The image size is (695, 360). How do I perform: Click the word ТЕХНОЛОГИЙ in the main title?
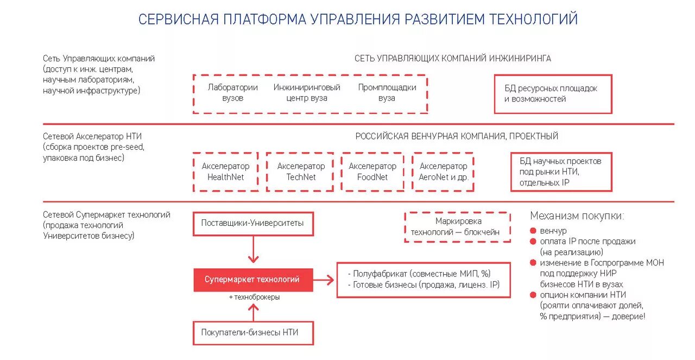[534, 20]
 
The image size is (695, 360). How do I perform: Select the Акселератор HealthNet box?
[225, 172]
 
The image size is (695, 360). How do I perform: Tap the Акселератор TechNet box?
[300, 172]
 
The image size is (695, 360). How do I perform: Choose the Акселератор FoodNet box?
[372, 172]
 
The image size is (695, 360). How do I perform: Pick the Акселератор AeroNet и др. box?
[443, 172]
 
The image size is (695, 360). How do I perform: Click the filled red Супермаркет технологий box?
[253, 280]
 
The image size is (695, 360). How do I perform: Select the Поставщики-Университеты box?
[253, 223]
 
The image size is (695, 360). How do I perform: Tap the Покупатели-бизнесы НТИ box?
[253, 332]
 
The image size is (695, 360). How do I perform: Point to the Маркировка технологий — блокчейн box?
[458, 227]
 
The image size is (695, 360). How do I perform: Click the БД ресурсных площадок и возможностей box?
[553, 94]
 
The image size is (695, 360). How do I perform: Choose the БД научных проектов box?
[561, 172]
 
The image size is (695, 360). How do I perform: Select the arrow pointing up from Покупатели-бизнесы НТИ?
[253, 312]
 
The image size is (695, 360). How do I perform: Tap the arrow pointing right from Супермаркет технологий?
[324, 280]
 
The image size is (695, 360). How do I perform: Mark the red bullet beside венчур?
[534, 231]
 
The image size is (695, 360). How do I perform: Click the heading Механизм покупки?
[577, 216]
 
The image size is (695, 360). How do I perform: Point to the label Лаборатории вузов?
[232, 93]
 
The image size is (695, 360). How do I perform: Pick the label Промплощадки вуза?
[387, 93]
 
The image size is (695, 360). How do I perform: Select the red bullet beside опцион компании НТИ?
[534, 295]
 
